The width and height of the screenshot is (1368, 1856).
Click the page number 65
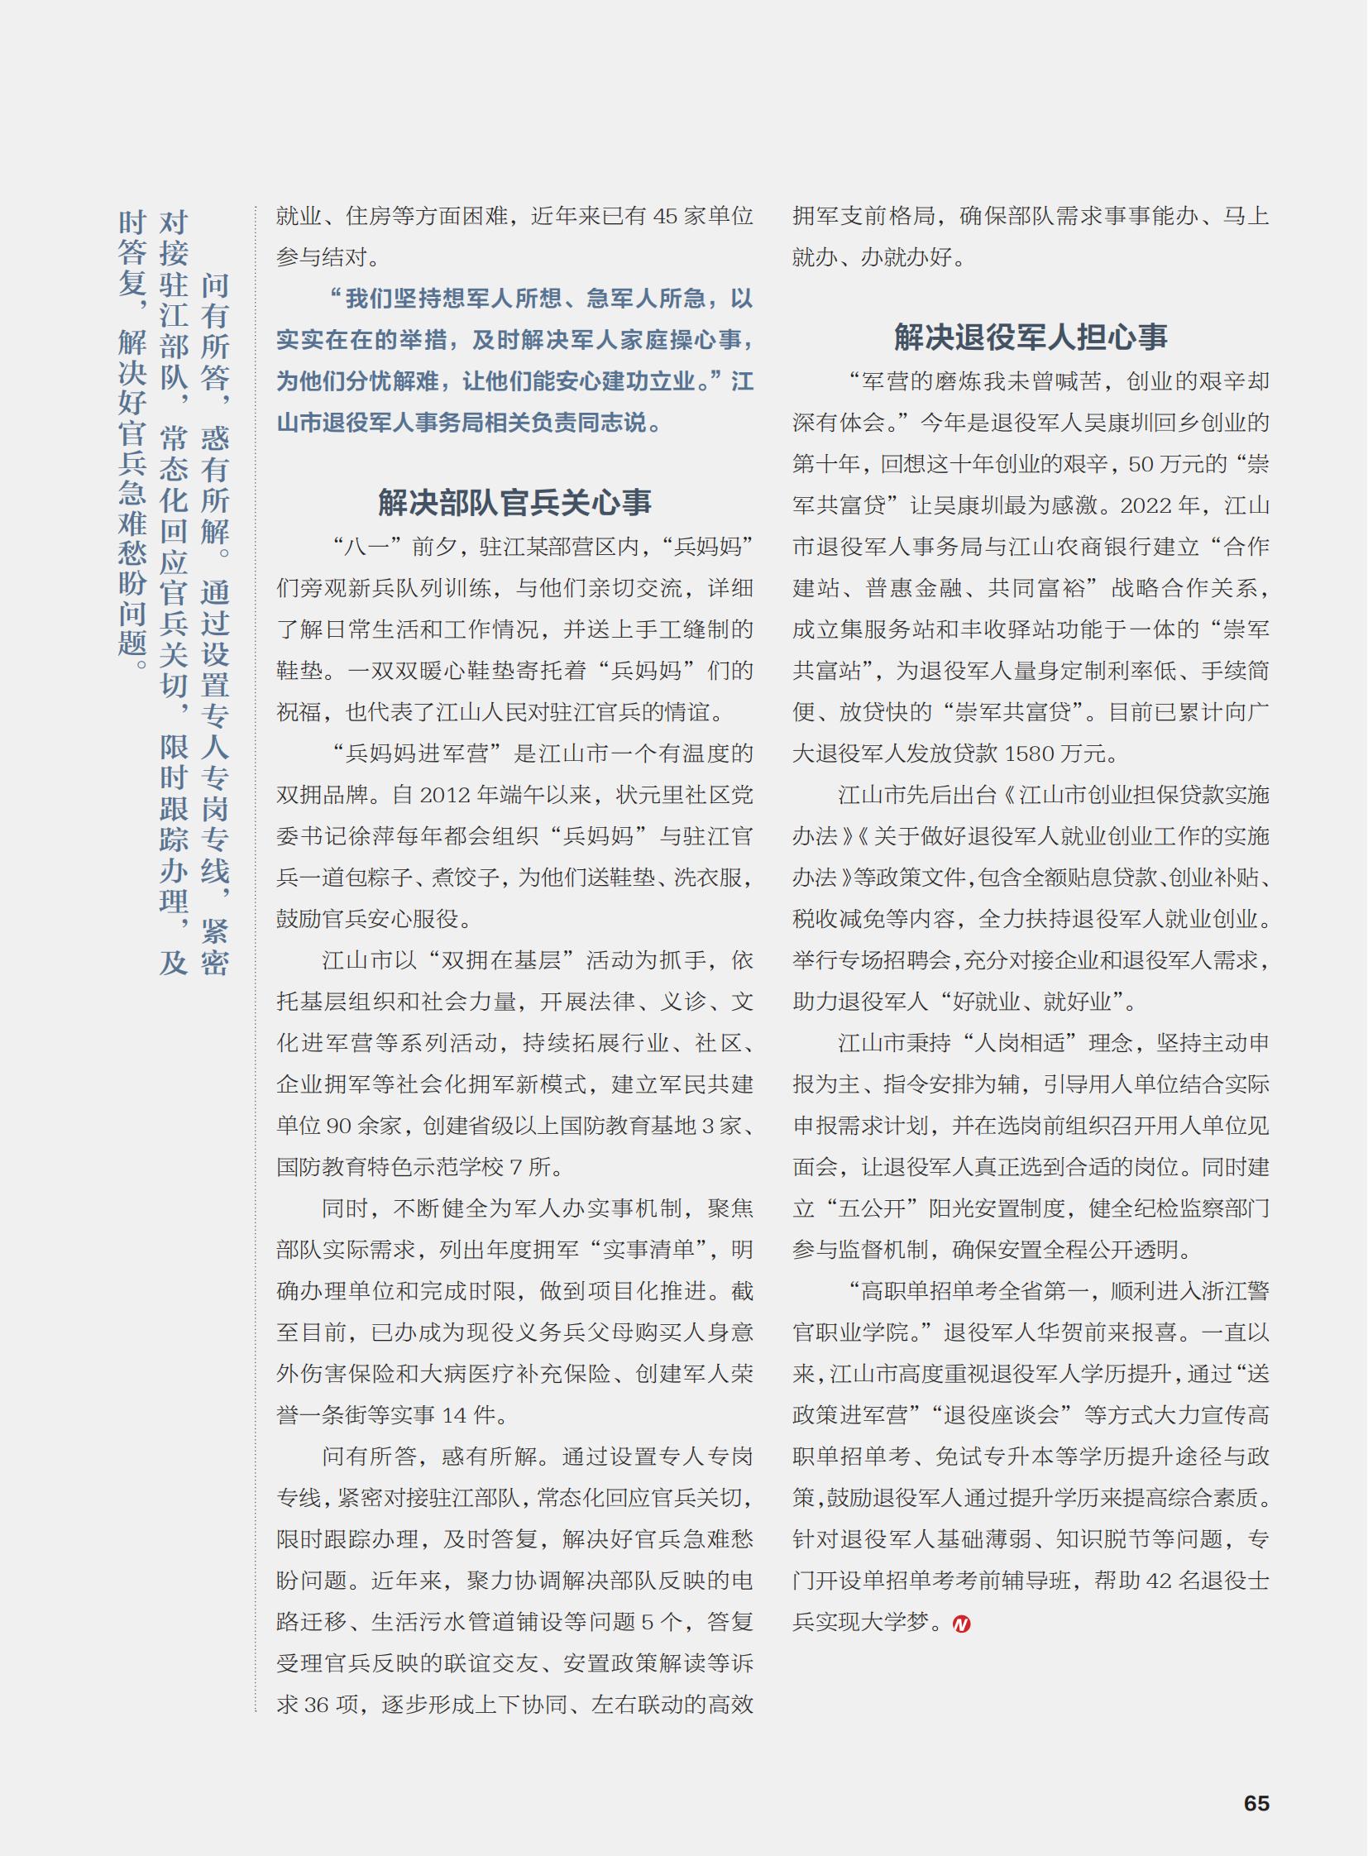click(1256, 1803)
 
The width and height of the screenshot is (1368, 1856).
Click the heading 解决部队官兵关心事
click(514, 502)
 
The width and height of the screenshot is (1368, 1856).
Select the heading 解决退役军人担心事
click(1031, 337)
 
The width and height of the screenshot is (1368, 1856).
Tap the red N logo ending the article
click(960, 1624)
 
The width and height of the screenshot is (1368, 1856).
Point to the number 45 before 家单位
click(666, 216)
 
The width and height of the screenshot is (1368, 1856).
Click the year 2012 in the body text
click(446, 795)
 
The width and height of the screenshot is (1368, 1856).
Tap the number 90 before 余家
click(338, 1127)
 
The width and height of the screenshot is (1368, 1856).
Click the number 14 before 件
click(455, 1415)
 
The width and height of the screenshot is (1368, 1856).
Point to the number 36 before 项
click(316, 1705)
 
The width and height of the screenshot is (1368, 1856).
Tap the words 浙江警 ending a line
click(1234, 1291)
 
